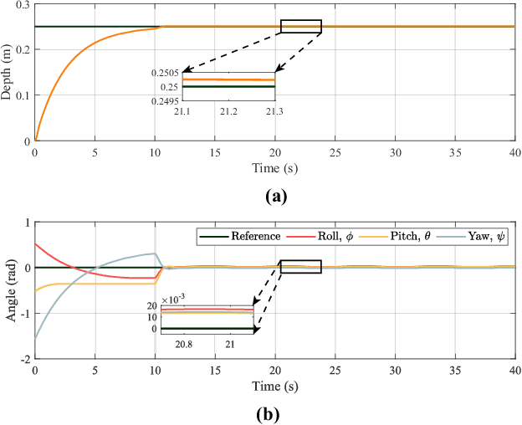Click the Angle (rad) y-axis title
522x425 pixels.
click(x=8, y=290)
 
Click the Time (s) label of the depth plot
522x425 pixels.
click(x=274, y=168)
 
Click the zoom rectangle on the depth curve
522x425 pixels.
click(x=301, y=27)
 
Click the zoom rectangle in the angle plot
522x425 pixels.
click(x=301, y=267)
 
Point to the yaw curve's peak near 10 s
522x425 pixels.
click(x=153, y=253)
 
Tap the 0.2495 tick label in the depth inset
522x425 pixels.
click(x=166, y=99)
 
